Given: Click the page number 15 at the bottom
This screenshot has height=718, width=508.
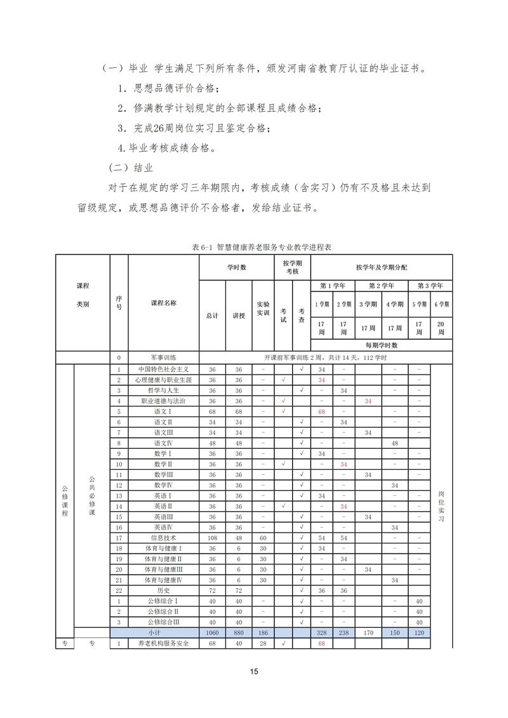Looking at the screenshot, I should (253, 671).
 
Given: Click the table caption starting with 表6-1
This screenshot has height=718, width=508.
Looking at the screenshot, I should (253, 246).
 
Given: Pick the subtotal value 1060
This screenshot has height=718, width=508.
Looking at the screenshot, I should (212, 633).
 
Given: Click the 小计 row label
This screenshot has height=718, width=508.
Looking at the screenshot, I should (154, 633).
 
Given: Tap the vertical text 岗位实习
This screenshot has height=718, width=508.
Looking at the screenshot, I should (441, 506).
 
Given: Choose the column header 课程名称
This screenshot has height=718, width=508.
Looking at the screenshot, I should (163, 303).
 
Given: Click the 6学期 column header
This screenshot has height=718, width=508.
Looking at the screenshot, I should (441, 303).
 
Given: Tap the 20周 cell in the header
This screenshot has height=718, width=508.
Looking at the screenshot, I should (441, 328).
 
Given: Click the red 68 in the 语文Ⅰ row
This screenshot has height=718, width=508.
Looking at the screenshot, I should (322, 411).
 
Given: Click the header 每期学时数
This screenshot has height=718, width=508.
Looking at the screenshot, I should (381, 345).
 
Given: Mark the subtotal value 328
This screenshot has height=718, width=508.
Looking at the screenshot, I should (322, 633).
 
